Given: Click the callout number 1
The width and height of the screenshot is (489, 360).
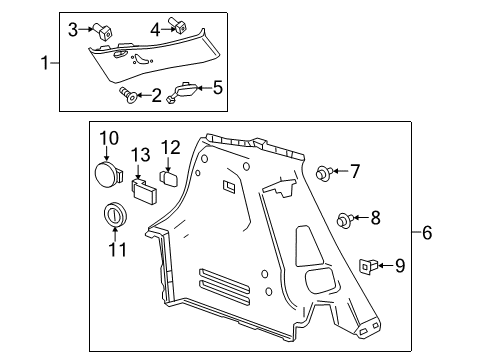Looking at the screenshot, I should (43, 62).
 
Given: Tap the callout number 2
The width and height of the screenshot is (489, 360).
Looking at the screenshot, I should (155, 95).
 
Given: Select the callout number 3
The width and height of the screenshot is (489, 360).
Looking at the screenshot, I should (73, 29).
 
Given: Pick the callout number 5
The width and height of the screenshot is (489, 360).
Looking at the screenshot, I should (218, 88).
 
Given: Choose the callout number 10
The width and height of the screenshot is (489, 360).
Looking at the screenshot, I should (108, 137).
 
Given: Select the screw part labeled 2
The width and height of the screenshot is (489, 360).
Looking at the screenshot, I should (128, 95).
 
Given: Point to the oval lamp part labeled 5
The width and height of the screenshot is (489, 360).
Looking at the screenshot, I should (185, 91).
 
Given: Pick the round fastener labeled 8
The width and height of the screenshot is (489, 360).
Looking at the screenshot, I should (345, 218).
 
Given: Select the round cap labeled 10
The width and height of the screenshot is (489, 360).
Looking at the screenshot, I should (108, 172).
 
